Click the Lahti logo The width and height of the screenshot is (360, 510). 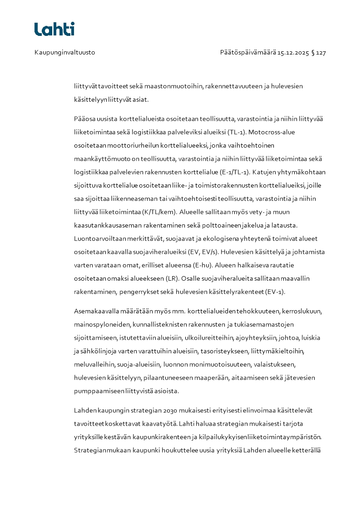54,29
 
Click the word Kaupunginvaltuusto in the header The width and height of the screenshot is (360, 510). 64,53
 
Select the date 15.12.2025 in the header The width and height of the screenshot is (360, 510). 293,53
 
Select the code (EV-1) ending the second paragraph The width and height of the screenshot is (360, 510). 275,291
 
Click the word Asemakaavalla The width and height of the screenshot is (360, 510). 96,311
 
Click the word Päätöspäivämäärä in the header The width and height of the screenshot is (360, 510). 248,53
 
